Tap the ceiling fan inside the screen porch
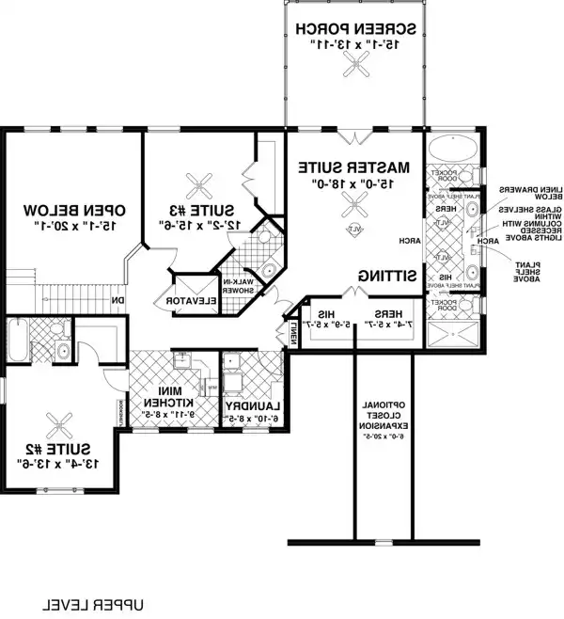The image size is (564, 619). coord(352,67)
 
